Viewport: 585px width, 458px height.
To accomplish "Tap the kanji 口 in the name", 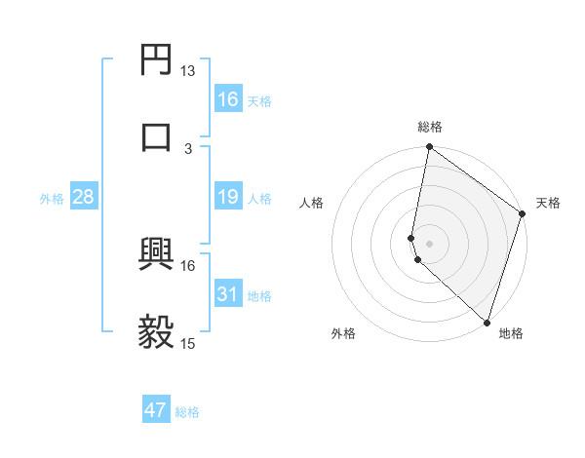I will [156, 136].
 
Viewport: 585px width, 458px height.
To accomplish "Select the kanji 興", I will [156, 254].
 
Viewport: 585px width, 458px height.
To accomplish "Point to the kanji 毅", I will [156, 332].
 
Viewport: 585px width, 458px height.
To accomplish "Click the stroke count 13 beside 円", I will [188, 70].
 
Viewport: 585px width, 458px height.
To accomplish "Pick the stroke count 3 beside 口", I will [188, 148].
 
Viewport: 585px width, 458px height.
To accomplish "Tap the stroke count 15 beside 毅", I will [188, 344].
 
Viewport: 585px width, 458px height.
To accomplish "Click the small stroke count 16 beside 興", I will [188, 265].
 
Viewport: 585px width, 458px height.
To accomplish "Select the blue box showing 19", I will [227, 198].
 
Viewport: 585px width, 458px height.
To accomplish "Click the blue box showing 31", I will [227, 294].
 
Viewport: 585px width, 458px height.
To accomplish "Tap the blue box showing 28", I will [83, 198].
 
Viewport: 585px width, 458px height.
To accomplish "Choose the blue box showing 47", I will [156, 410].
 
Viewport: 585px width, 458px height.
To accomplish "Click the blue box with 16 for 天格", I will [227, 99].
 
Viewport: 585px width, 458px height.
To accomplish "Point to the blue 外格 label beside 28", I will [52, 199].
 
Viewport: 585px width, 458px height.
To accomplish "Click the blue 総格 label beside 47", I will [187, 412].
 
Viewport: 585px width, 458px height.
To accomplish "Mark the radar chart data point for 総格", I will [429, 148].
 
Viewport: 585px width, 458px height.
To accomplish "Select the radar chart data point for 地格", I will [487, 323].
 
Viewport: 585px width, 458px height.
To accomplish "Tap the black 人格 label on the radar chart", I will [312, 203].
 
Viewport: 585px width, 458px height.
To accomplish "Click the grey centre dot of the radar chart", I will [429, 243].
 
